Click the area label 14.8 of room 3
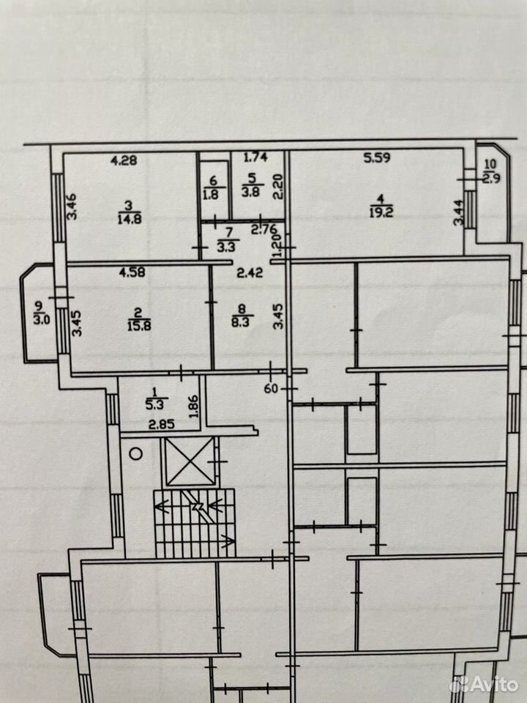[x=128, y=219]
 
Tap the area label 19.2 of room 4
[x=381, y=211]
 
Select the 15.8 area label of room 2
[x=139, y=325]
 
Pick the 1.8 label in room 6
[x=213, y=195]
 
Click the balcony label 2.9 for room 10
[x=492, y=177]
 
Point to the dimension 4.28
[x=124, y=160]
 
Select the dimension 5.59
[x=377, y=157]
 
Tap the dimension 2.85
[x=161, y=424]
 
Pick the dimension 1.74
[x=255, y=157]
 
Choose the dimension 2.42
[x=250, y=272]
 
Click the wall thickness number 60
[x=271, y=388]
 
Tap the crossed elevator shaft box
[x=190, y=461]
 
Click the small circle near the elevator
[x=136, y=453]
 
